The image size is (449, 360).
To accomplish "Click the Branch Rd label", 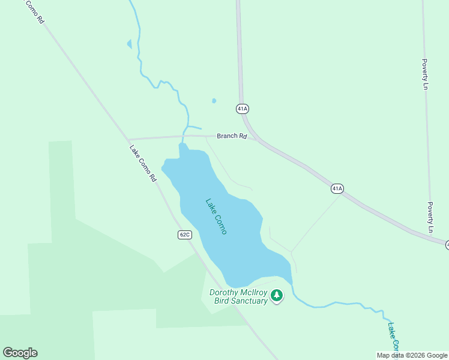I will (232, 136).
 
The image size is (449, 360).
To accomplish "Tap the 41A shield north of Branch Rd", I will (242, 109).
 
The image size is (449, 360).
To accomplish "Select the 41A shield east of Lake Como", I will (337, 188).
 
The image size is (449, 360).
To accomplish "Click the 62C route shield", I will (184, 234).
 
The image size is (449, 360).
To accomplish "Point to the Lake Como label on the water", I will (216, 216).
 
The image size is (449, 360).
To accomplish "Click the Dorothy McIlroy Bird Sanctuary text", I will (238, 297).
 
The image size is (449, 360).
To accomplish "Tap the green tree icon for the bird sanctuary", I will (277, 295).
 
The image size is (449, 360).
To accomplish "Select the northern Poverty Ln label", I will (426, 74).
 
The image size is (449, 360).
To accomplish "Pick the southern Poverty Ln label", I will (430, 217).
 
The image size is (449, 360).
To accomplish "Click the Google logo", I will (20, 353).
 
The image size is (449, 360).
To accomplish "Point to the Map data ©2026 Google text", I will (412, 355).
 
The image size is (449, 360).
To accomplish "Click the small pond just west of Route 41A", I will (214, 101).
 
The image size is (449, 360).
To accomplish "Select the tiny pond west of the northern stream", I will (129, 44).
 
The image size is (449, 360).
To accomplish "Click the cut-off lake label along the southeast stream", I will (394, 337).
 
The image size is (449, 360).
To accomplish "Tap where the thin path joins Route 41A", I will (340, 195).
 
